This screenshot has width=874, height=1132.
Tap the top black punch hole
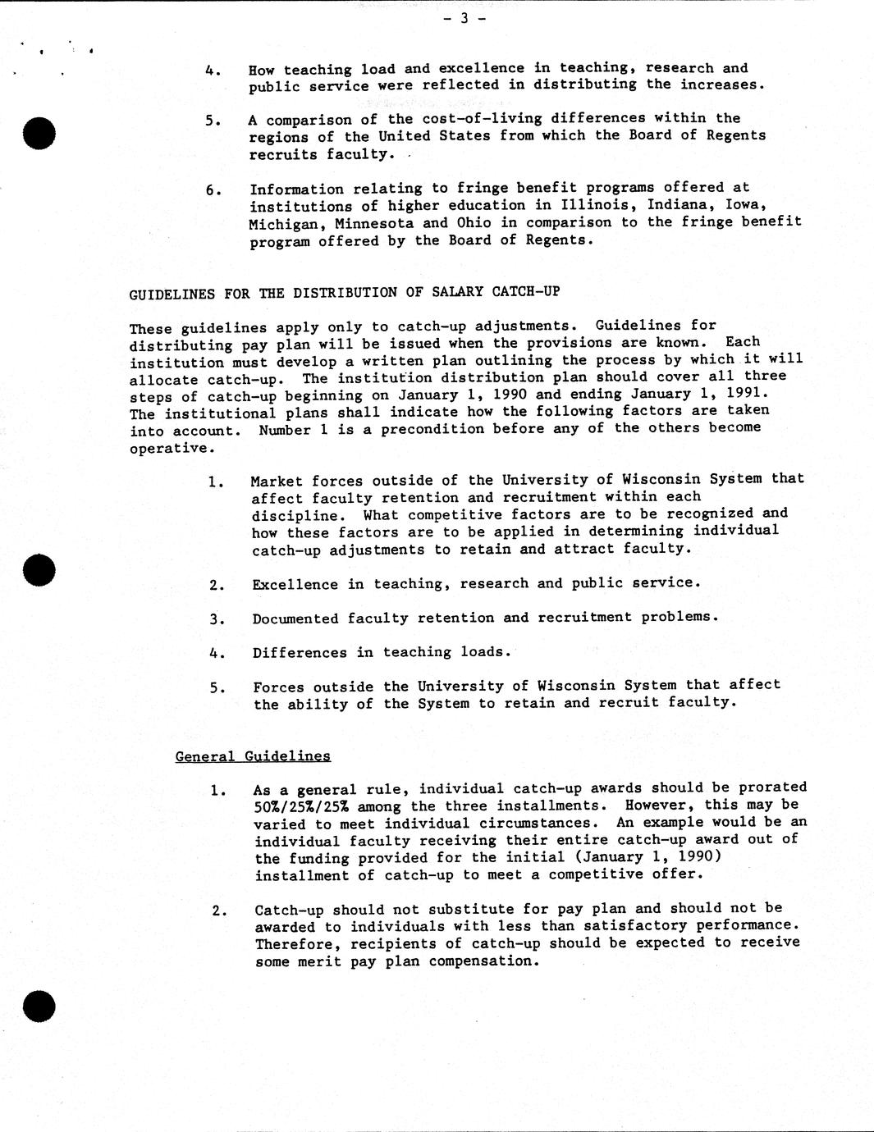[39, 132]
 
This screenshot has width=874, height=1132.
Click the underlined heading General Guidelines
[253, 756]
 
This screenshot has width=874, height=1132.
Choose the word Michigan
[277, 224]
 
